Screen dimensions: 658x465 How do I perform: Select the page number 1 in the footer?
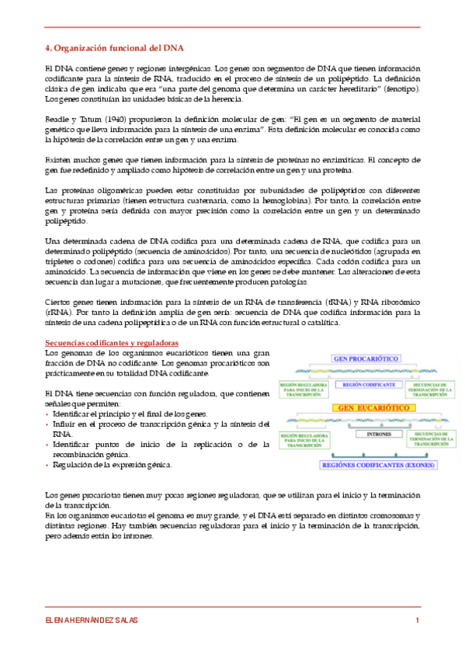pos(418,620)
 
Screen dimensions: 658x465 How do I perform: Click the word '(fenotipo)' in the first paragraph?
pos(401,88)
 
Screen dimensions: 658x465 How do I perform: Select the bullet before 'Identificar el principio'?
pos(48,414)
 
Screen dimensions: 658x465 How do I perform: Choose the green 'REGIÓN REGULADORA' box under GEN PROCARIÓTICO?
pos(304,388)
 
